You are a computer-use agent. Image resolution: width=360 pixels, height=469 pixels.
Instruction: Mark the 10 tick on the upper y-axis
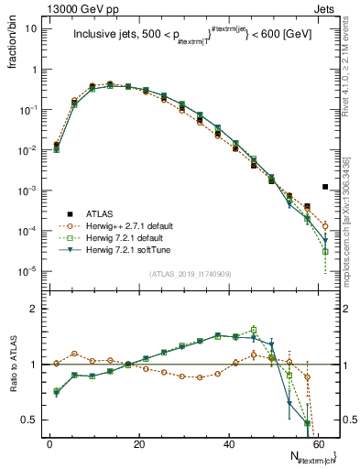[x=31, y=28]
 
